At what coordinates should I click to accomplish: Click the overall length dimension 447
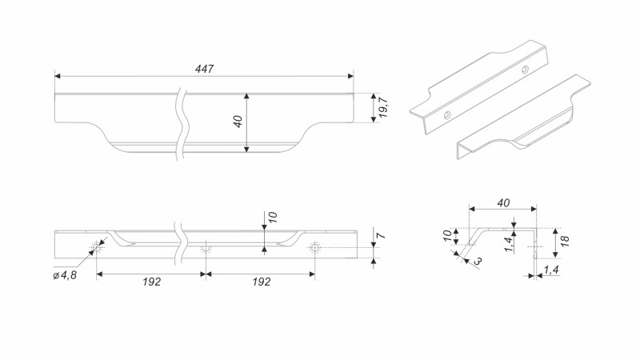(x=204, y=69)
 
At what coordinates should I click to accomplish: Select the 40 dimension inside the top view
(x=238, y=122)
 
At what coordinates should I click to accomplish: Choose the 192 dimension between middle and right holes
(x=259, y=282)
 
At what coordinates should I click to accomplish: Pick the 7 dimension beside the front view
(x=382, y=238)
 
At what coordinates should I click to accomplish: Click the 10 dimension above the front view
(x=272, y=218)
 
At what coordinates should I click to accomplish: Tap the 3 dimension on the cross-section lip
(x=478, y=261)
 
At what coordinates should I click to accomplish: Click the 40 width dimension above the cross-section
(x=503, y=203)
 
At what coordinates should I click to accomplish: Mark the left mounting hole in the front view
(x=98, y=248)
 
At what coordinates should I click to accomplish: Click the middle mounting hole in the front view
(x=206, y=248)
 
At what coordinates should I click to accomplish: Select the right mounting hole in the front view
(x=314, y=248)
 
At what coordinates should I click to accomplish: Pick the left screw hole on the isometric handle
(x=447, y=113)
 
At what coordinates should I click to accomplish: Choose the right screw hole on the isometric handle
(x=525, y=70)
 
